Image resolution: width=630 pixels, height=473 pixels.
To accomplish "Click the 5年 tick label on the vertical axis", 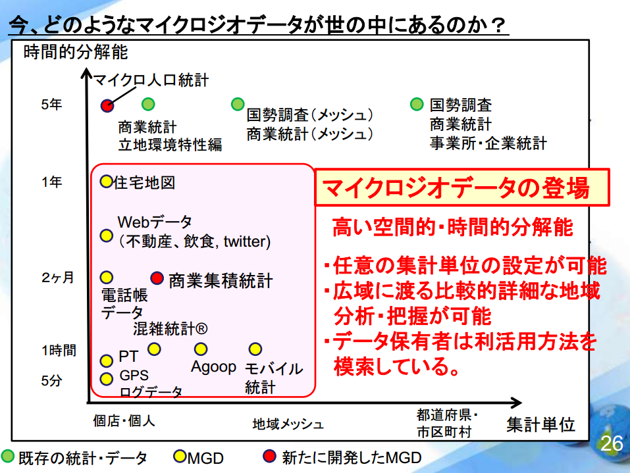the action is (51, 105).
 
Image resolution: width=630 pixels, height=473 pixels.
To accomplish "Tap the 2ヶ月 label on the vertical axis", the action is (57, 278).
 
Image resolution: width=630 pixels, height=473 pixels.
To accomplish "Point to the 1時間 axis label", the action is (59, 351).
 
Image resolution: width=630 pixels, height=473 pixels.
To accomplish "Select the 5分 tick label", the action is (51, 380).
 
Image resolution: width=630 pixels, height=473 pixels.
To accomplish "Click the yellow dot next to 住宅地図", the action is (106, 182).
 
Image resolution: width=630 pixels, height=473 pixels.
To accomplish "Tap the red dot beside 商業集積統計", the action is (157, 278).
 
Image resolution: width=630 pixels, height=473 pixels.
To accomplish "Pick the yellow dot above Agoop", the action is (201, 349).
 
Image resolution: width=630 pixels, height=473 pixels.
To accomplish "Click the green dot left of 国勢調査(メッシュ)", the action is (238, 104).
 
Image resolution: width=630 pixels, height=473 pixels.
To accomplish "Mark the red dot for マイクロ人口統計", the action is (107, 106).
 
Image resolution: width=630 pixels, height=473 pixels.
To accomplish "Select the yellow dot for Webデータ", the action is (106, 236).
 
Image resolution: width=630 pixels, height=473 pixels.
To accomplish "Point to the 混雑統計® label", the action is (171, 329).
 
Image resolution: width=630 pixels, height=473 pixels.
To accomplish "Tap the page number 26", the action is (612, 443).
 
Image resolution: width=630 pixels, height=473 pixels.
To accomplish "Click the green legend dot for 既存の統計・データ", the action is (8, 457).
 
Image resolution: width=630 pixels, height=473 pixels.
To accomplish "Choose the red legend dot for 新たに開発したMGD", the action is (269, 456).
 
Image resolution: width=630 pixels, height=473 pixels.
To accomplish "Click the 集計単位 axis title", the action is (541, 424).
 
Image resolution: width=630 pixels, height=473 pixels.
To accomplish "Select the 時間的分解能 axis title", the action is (76, 52).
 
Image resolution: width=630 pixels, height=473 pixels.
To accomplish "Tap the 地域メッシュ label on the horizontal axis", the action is (288, 424).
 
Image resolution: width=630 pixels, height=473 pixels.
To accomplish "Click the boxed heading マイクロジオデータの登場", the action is (456, 188).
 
